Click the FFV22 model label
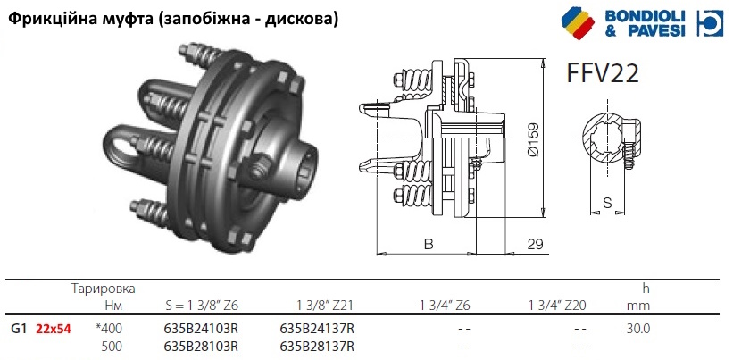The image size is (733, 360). click(x=602, y=73)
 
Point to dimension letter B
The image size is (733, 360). click(x=429, y=245)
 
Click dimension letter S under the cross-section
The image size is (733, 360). click(x=607, y=203)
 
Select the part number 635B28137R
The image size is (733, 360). click(x=316, y=347)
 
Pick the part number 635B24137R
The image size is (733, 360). click(x=316, y=329)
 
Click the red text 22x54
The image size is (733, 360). click(x=54, y=329)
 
